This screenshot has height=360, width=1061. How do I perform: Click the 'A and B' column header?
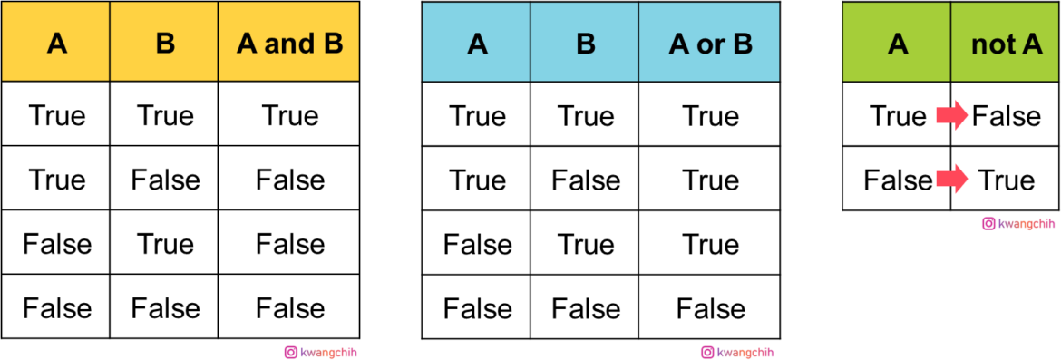[289, 44]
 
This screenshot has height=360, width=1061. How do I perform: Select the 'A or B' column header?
[710, 44]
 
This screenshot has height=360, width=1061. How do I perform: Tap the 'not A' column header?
[1006, 44]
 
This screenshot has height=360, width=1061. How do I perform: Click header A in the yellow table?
[57, 44]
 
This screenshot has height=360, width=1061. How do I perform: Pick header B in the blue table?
[585, 44]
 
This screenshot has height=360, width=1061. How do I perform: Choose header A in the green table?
[897, 44]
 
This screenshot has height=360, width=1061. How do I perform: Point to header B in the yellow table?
[165, 44]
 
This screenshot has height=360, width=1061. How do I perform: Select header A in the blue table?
[477, 44]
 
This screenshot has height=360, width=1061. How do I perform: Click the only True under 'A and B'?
[289, 116]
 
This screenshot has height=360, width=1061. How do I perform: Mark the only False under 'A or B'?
[710, 308]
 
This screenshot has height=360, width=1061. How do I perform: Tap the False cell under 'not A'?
[1007, 116]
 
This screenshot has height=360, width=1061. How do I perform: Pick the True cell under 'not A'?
[1006, 180]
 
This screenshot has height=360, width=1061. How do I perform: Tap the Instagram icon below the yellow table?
[291, 353]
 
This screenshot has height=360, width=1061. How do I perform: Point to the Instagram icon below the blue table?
[707, 353]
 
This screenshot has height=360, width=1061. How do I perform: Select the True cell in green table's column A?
[897, 116]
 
